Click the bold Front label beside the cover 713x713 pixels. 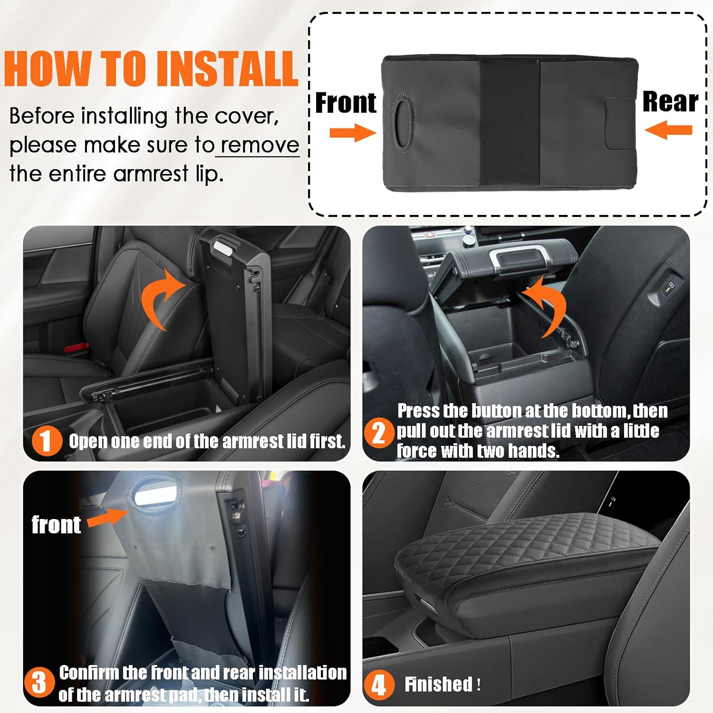[346, 103]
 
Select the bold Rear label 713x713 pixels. [670, 101]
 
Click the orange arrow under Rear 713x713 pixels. [668, 130]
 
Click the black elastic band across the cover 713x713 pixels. [510, 124]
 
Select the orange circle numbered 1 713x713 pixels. [47, 441]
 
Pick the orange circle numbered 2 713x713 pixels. [379, 433]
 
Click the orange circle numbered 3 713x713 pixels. [39, 682]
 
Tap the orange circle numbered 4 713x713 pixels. [379, 685]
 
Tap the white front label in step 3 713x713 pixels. [56, 525]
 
